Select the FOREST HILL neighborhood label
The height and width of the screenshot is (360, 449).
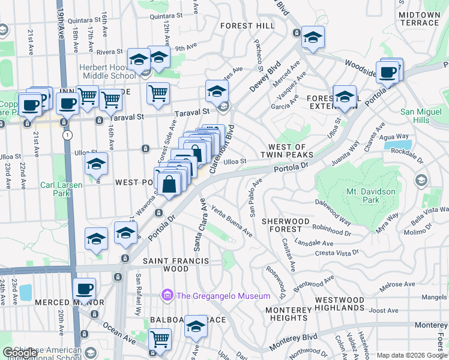(247, 26)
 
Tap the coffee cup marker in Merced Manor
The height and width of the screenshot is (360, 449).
(84, 289)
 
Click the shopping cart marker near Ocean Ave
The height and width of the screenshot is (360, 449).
(160, 339)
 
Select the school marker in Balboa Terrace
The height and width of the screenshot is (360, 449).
(196, 326)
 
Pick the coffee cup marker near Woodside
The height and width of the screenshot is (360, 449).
(388, 71)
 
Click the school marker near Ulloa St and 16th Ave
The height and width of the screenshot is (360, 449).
(95, 164)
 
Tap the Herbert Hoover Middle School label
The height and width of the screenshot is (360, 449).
(108, 71)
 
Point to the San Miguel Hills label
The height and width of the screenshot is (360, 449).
(423, 116)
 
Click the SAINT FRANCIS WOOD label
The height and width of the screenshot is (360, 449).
(175, 261)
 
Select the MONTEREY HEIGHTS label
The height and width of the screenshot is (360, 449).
(286, 314)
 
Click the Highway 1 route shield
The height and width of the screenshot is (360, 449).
(67, 136)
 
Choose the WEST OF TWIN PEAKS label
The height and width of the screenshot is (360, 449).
(287, 151)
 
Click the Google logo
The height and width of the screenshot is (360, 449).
(20, 353)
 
